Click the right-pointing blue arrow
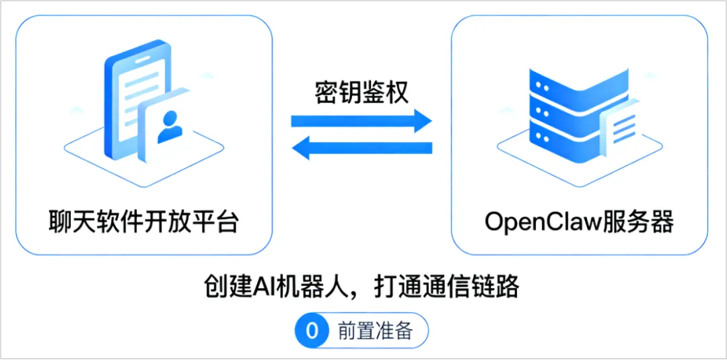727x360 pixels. point(361,122)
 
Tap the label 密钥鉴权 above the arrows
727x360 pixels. point(361,92)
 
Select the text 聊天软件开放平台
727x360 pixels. point(144,221)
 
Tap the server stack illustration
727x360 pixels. point(565,114)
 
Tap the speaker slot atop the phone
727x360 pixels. point(145,59)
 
